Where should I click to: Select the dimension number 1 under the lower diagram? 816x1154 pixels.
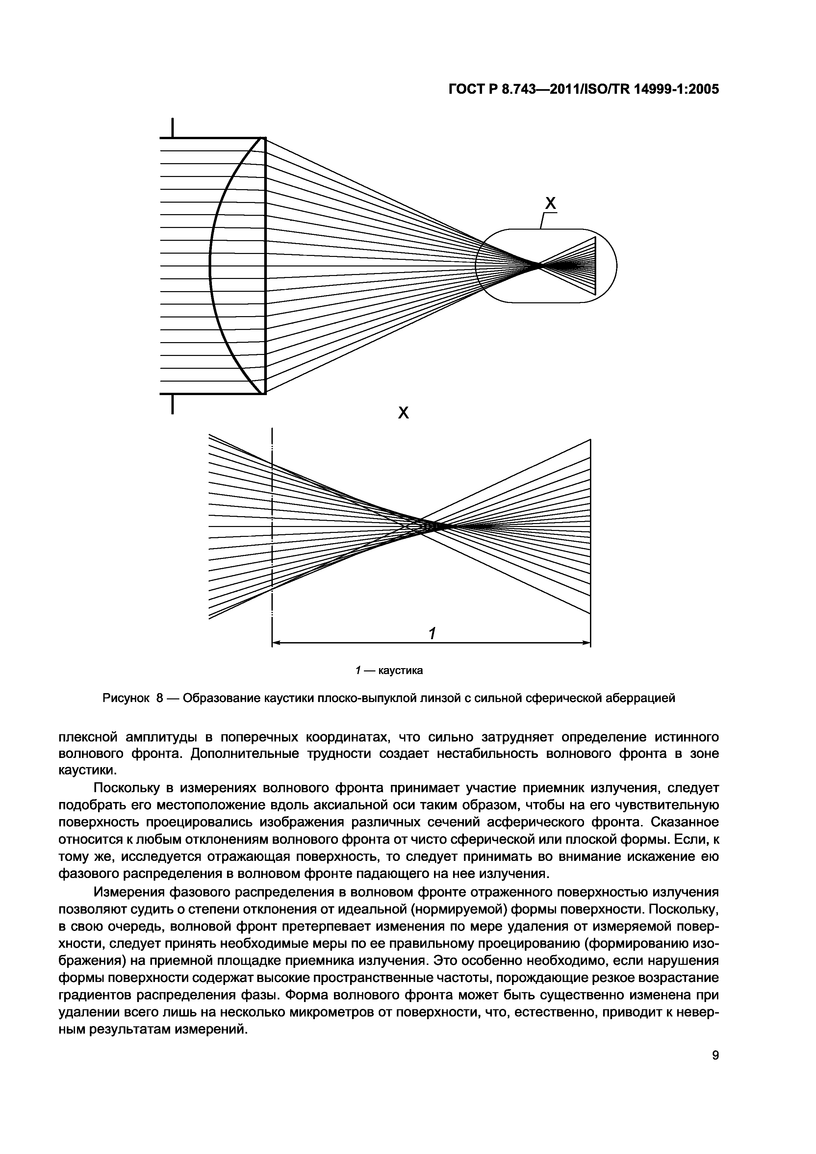coord(431,633)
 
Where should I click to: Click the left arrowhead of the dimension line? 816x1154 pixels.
coord(275,643)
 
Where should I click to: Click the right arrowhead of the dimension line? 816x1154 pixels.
coord(586,643)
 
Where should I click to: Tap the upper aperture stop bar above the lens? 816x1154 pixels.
coord(172,128)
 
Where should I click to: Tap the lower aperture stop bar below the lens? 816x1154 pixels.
coord(172,404)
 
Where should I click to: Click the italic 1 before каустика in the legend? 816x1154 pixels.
coord(357,670)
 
